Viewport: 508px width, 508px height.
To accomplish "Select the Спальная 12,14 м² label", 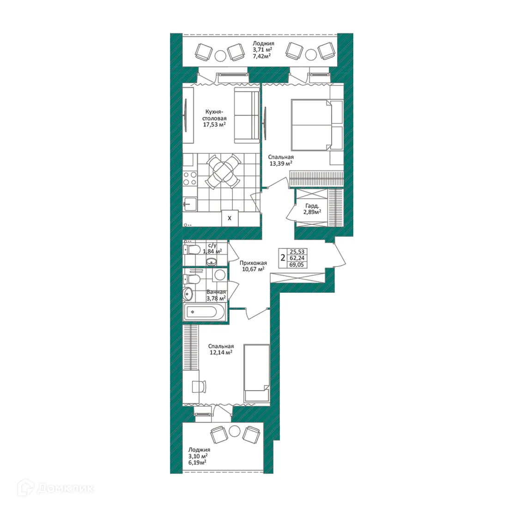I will pos(220,349).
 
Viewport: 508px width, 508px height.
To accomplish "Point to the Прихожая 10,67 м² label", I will pos(253,266).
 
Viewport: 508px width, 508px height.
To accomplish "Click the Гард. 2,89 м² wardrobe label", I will pos(312,209).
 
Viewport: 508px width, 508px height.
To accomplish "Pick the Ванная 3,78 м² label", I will pos(216,295).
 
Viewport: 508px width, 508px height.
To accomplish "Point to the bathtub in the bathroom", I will pos(205,312).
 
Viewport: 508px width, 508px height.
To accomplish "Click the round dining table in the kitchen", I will pos(224,171).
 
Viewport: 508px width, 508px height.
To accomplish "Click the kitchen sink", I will pos(190,204).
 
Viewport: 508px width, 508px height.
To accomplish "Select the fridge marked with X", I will pos(230,217).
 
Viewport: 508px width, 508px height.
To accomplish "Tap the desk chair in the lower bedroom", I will pos(199,386).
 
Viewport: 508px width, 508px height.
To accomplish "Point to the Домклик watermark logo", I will pos(56,488).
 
